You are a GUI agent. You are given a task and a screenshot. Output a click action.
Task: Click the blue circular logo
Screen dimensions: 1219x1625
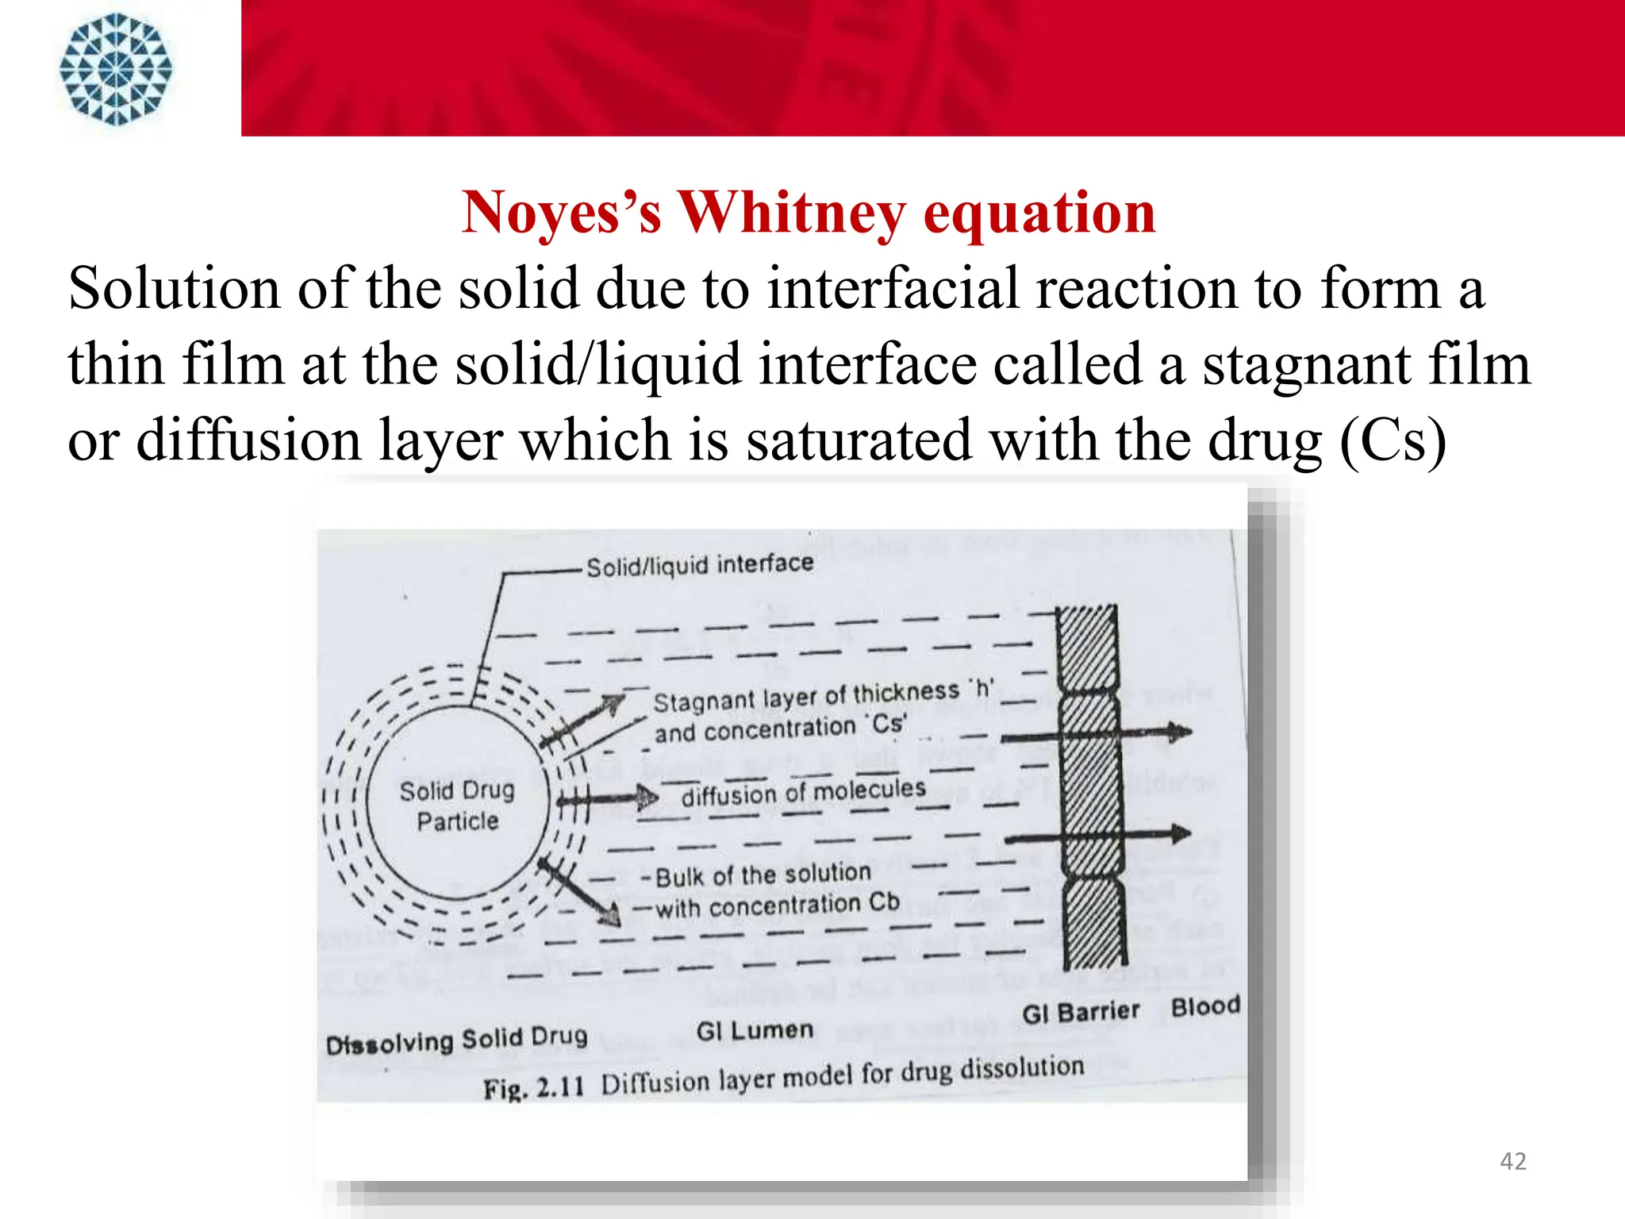(x=116, y=69)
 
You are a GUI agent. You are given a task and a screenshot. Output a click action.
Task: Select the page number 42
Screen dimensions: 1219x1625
(x=1512, y=1161)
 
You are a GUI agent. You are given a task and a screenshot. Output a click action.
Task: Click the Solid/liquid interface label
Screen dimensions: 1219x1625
(x=700, y=565)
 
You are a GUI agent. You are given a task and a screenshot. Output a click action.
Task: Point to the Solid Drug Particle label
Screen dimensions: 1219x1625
(x=457, y=806)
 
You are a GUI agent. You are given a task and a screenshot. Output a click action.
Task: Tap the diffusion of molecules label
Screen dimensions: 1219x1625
(x=803, y=792)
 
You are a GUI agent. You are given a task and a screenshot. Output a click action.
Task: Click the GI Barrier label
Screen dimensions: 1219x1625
(x=1080, y=1013)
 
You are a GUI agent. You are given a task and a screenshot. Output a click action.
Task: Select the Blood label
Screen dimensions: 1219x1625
(x=1205, y=1006)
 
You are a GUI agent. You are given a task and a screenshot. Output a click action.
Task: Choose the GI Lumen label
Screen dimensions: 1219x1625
(x=755, y=1030)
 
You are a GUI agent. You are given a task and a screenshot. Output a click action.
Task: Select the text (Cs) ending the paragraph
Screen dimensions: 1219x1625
(x=1393, y=440)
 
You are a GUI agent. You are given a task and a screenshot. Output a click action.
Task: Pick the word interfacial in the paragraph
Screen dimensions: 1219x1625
(x=893, y=288)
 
